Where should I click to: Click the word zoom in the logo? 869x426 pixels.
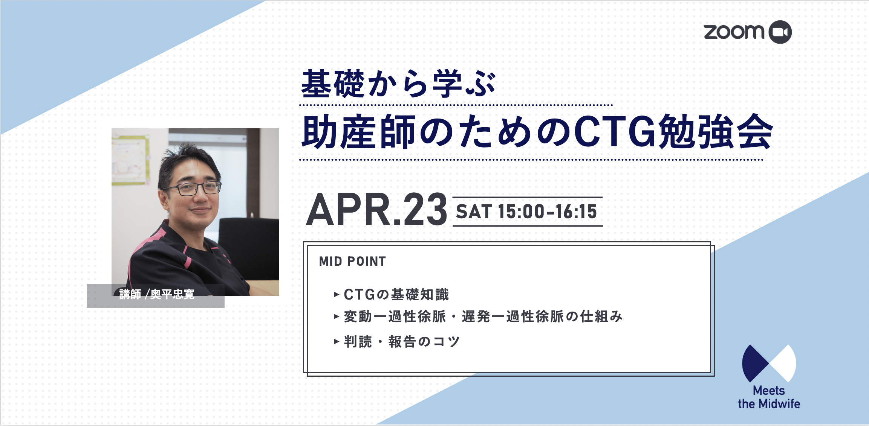(x=734, y=32)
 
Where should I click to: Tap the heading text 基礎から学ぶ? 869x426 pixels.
(x=399, y=84)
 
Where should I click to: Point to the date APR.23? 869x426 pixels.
(x=376, y=209)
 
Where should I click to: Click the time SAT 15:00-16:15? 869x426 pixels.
(x=526, y=211)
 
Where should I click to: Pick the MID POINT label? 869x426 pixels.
(x=352, y=261)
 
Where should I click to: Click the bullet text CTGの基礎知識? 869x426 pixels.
(x=396, y=294)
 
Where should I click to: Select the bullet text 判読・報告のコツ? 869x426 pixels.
(x=402, y=342)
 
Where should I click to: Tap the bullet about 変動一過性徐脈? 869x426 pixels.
(x=483, y=316)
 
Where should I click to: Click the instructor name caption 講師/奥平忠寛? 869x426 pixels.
(x=157, y=294)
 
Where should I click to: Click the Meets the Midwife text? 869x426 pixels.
(x=769, y=397)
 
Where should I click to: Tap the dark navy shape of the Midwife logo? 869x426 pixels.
(x=753, y=363)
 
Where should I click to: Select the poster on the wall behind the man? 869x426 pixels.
(x=130, y=160)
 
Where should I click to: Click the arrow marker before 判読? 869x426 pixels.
(x=337, y=342)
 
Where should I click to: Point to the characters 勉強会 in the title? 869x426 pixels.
(x=715, y=132)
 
